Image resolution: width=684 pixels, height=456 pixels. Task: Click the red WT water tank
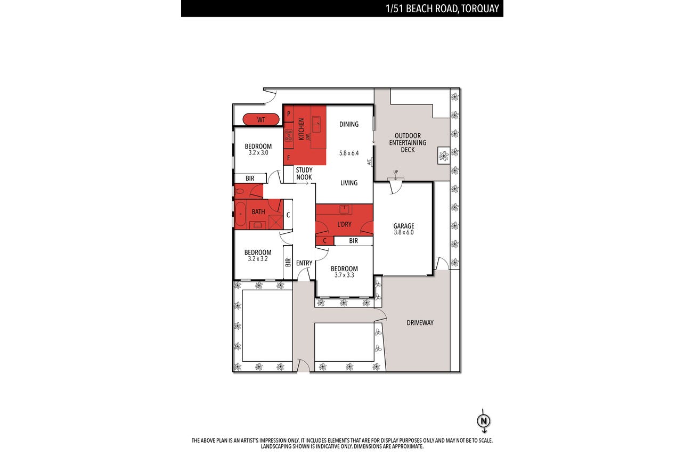261,119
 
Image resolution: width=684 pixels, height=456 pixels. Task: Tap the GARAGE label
403,226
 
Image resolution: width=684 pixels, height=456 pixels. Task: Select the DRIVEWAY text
420,323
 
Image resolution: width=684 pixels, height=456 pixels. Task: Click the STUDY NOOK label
304,174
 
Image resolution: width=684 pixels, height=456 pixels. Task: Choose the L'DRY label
344,224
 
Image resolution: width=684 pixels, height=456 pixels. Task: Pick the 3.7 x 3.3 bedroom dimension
344,275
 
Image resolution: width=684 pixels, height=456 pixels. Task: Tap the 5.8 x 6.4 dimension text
349,153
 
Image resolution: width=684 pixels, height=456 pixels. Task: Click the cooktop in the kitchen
288,135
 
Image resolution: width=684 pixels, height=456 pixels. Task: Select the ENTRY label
304,263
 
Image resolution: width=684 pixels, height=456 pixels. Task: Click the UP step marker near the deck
395,172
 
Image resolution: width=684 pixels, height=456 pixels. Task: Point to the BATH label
258,212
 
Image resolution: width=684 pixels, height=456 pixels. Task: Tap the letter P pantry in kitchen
288,114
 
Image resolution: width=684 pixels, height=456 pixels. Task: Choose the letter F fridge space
288,158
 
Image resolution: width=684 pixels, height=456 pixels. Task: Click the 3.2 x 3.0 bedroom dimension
258,153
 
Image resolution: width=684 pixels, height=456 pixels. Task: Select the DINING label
349,124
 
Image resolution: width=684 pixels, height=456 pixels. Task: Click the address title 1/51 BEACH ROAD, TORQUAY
442,9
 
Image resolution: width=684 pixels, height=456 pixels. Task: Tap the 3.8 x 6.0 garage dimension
403,232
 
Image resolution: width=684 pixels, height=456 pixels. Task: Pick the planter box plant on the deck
443,156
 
